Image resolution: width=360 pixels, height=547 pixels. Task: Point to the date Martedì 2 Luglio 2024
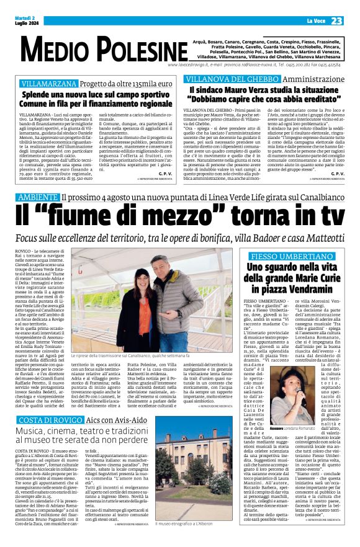tap(25, 21)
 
